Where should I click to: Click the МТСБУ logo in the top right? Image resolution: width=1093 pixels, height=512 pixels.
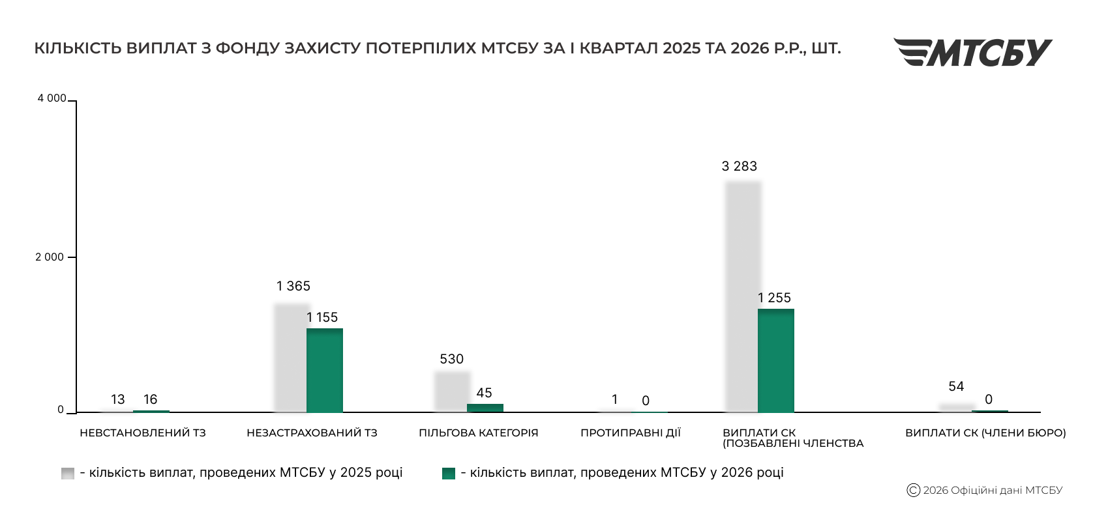[972, 52]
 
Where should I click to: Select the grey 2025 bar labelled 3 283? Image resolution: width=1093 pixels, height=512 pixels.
[743, 296]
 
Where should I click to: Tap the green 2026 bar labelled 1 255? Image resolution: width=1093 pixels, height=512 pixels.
[776, 360]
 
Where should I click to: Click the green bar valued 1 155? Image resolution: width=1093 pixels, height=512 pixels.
[325, 370]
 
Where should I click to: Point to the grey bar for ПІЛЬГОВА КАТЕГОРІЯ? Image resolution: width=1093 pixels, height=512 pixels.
[452, 391]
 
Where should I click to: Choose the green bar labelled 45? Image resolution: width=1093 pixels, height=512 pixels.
[485, 408]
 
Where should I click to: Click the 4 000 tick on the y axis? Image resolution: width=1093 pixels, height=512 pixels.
[52, 98]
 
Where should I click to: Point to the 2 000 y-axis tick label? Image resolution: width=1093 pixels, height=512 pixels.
[50, 257]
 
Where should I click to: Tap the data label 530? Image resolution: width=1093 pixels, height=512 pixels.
[451, 359]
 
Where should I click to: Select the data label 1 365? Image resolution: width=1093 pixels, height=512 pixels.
[293, 286]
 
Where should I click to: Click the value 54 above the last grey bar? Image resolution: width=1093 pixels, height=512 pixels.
[956, 386]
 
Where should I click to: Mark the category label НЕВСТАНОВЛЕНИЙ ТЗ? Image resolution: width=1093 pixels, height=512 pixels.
[142, 433]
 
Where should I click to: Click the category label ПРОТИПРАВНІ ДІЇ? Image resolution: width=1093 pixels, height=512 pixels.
[630, 433]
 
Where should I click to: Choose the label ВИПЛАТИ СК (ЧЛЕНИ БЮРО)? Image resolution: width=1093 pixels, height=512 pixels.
[985, 433]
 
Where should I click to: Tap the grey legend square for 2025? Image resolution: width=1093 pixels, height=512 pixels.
[68, 474]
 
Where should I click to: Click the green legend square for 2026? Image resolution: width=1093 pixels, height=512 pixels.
[449, 474]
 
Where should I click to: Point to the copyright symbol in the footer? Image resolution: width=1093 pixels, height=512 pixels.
[913, 491]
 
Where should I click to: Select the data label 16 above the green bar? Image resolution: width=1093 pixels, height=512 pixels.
[151, 399]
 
